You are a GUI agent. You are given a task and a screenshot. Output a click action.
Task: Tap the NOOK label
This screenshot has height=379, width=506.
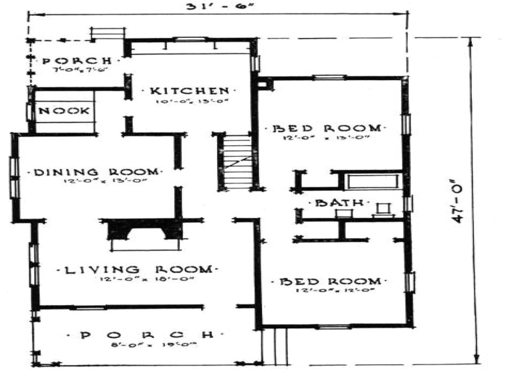[x=64, y=111]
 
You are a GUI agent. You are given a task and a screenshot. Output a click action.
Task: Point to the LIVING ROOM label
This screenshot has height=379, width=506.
[x=138, y=270]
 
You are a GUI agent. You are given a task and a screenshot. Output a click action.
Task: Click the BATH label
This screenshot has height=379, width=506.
[x=339, y=203]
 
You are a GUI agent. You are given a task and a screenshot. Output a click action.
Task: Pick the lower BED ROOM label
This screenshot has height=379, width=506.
[x=330, y=281]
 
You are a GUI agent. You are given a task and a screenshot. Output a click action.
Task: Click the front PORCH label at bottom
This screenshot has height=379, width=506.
[x=146, y=335]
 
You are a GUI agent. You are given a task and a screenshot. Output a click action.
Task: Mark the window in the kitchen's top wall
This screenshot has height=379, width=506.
[x=191, y=39]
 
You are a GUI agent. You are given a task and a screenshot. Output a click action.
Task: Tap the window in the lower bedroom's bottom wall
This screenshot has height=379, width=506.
[x=334, y=326]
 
